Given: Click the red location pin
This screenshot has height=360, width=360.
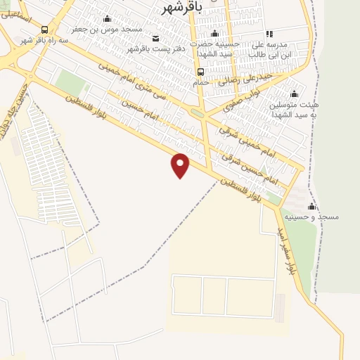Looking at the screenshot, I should pos(181,165).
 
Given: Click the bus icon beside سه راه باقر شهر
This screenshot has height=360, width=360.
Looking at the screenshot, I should pos(45,30).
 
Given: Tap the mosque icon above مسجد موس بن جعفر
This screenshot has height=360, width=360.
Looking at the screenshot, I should pos(107,19).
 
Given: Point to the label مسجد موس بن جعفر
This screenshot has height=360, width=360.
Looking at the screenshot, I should pos(107,30).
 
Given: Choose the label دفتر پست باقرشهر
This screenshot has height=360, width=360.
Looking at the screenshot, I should pos(153,49).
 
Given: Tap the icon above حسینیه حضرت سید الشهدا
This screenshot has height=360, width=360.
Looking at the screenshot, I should pos(216,33).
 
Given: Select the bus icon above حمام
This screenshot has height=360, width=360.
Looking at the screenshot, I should pos(201,72).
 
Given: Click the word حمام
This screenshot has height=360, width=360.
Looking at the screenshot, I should pos(202,83).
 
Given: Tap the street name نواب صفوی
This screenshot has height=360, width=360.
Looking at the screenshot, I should pos(243,101).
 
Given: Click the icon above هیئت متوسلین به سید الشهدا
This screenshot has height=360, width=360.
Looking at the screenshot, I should pos(294,94).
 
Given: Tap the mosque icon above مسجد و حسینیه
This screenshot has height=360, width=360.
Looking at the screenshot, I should pos(311,206).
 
